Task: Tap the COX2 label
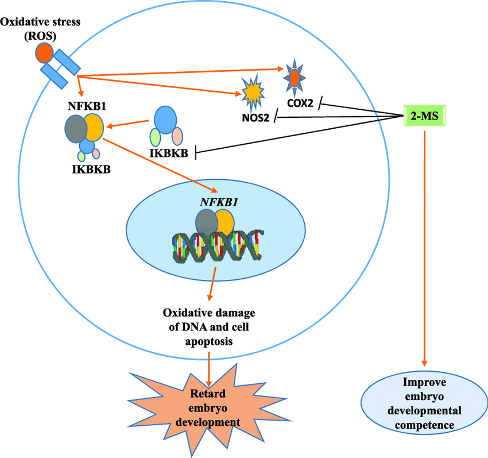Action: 299,103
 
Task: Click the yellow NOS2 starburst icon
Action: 253,93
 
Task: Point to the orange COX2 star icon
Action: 294,76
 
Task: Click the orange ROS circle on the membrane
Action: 44,53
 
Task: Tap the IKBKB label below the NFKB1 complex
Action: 87,169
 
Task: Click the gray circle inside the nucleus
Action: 207,222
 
